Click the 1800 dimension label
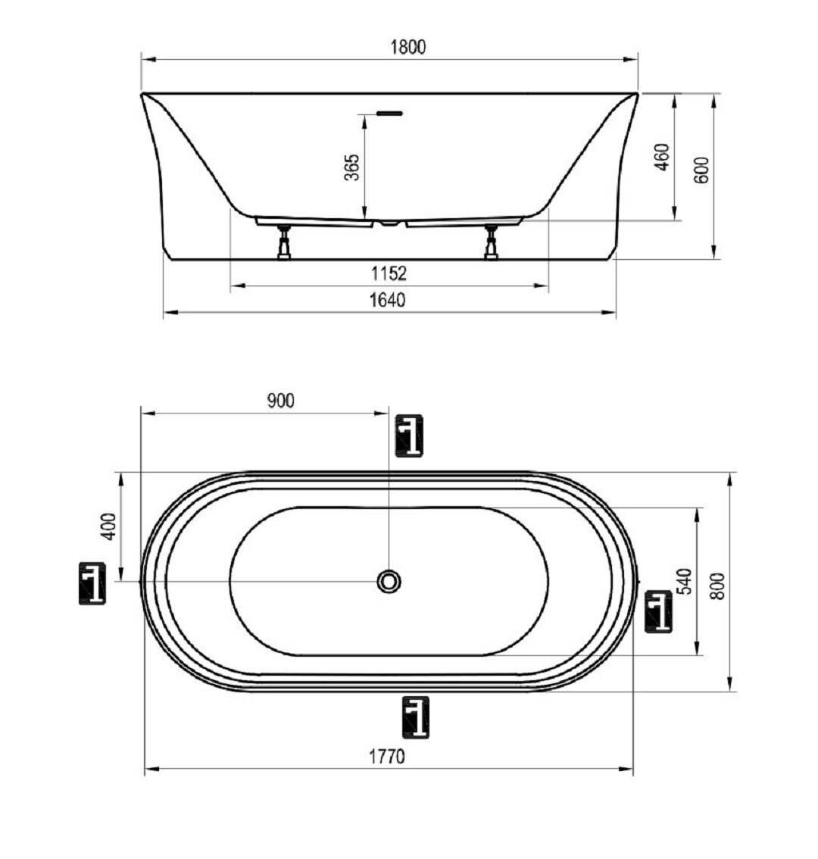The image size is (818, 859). [x=407, y=47]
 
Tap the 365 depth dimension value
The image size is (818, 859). [x=351, y=167]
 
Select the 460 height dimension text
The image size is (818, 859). [x=662, y=158]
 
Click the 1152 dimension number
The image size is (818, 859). [x=389, y=273]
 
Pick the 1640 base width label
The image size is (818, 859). [x=387, y=300]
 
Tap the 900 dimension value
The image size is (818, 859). [x=280, y=401]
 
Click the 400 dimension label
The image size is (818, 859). [x=110, y=526]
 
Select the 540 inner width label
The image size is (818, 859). [x=685, y=581]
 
